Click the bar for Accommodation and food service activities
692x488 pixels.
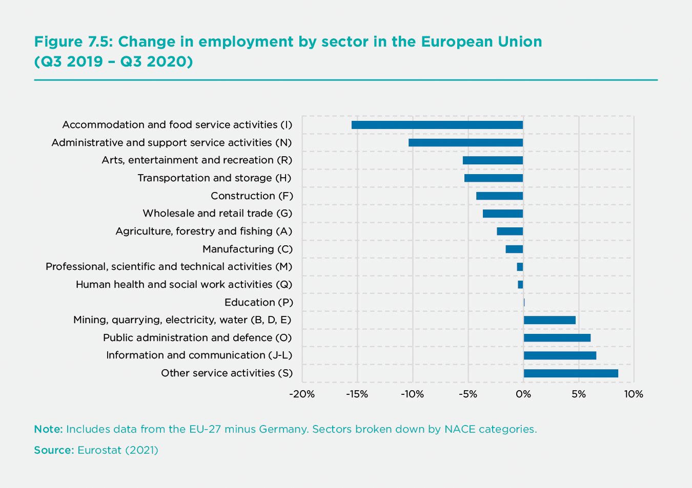437,125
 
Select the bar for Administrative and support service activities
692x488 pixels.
465,142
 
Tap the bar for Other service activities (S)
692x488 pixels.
571,373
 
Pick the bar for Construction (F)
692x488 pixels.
499,196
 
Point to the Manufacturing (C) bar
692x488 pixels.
514,249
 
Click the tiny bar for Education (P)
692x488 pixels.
524,302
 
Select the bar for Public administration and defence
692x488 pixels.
557,337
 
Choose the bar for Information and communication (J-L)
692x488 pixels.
560,355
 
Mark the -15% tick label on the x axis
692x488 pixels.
357,394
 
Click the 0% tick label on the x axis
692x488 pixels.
523,394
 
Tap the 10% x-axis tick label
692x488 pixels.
634,394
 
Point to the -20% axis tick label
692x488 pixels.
301,394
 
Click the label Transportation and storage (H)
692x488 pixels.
214,178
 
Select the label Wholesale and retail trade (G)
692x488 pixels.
217,213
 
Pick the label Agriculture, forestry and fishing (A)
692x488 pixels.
203,231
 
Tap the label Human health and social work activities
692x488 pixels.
184,284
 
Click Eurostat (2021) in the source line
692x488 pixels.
118,450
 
